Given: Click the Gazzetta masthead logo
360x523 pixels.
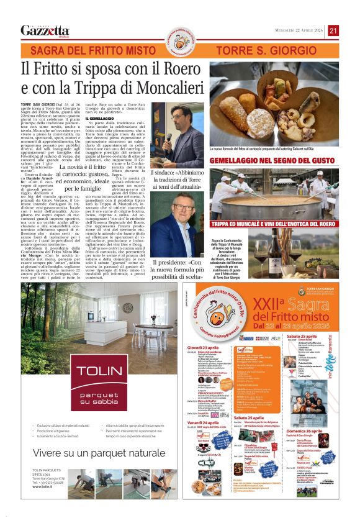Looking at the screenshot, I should click(45, 30).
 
